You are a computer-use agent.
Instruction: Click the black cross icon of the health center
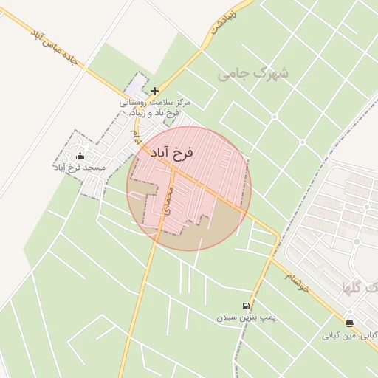click(154, 92)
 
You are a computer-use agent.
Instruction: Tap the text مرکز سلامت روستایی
click(155, 103)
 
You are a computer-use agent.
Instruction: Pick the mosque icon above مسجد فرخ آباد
click(80, 157)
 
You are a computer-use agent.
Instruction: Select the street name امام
click(135, 135)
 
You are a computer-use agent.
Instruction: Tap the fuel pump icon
click(245, 306)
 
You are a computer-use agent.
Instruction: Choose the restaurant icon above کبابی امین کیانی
click(349, 323)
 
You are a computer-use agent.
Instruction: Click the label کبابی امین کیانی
click(348, 335)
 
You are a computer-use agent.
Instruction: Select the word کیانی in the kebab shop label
click(331, 335)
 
